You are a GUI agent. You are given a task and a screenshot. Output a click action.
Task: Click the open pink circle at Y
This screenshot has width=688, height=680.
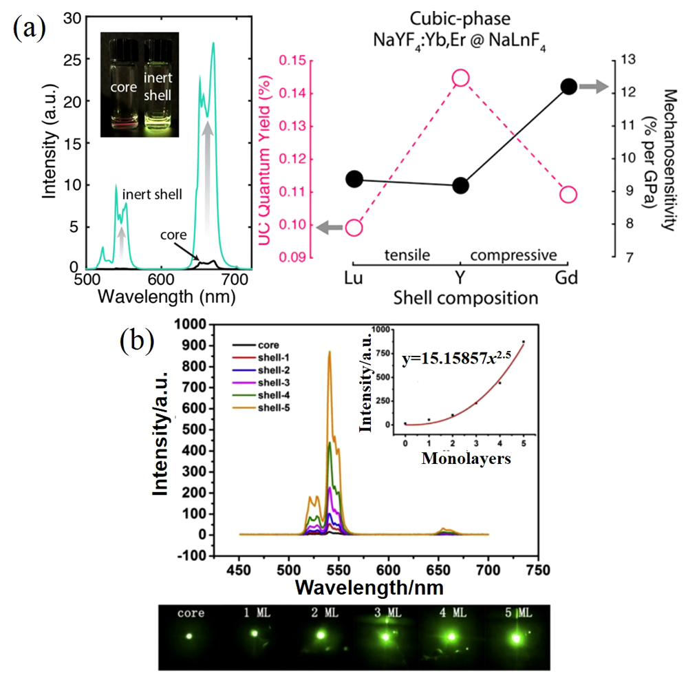(x=460, y=78)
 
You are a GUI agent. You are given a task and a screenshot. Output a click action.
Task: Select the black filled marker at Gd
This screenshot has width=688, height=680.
(x=568, y=86)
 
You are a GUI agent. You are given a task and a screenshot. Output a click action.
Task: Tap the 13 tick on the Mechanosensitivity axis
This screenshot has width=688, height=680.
(x=625, y=60)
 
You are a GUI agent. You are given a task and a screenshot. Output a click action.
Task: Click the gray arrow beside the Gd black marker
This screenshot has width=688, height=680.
(x=592, y=86)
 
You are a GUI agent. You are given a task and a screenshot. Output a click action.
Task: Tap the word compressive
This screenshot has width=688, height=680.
(x=513, y=255)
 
